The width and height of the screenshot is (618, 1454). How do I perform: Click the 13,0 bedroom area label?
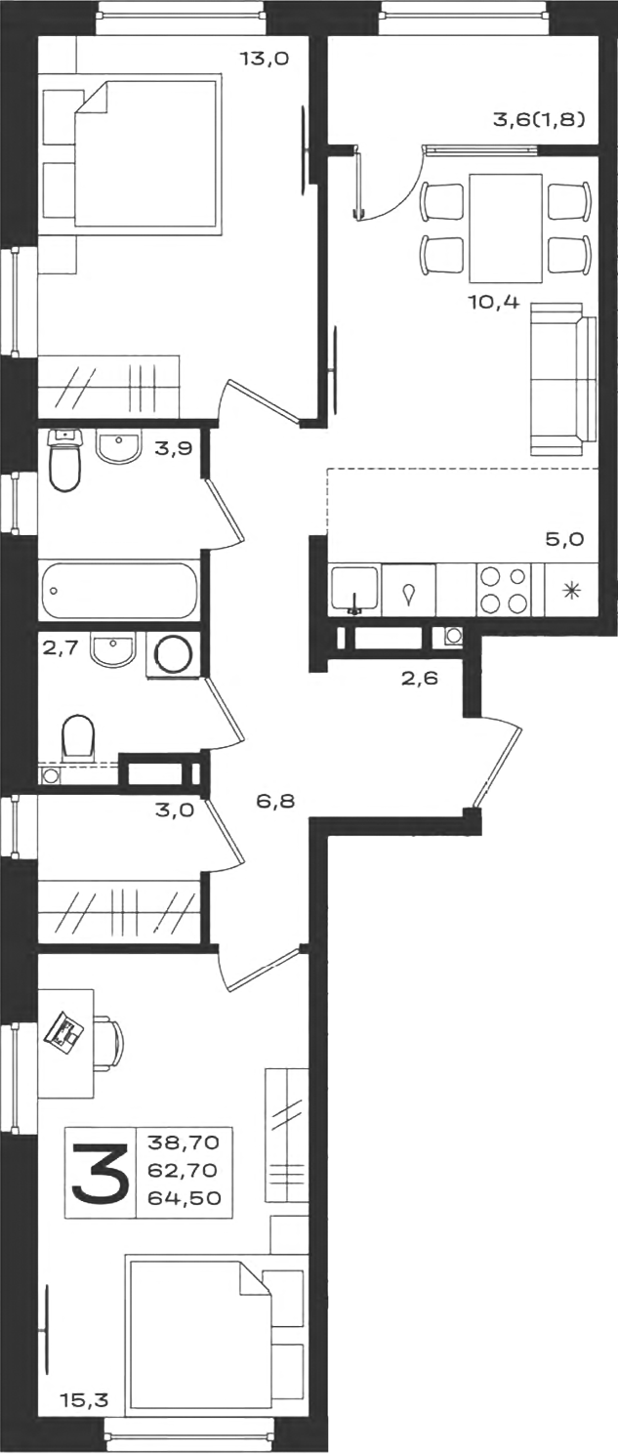[264, 59]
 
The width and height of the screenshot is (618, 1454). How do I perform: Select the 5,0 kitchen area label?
[565, 539]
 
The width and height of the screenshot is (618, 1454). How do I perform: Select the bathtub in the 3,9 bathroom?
[119, 590]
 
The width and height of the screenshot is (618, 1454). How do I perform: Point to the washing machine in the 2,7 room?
[174, 656]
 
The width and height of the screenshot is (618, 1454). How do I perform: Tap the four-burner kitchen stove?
[505, 590]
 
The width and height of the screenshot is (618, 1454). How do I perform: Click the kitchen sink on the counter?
[354, 590]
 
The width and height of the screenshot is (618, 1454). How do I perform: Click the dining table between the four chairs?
[506, 228]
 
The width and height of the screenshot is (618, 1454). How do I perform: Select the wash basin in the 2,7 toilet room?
[113, 649]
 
